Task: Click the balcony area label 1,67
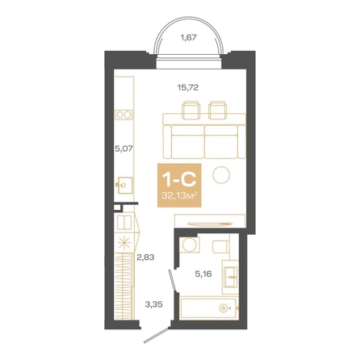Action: pos(188,38)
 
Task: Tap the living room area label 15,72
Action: pos(188,87)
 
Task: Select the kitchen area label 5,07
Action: pos(123,149)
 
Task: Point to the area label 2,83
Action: pos(145,257)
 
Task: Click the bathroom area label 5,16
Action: pos(203,274)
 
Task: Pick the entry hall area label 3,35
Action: pos(153,305)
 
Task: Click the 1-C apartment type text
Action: pos(179,180)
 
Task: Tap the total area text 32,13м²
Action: pos(179,196)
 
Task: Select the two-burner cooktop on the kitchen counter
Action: pos(123,115)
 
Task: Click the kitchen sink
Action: pos(124,185)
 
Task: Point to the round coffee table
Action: pos(221,175)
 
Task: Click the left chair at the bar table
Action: pos(191,110)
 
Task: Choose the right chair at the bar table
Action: pos(218,110)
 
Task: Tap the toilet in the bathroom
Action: pos(221,246)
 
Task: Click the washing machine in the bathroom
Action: pos(190,245)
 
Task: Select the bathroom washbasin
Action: pos(231,277)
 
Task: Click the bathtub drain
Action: pos(224,308)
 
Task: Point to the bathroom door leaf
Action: pos(173,281)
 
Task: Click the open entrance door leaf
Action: pos(157,335)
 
